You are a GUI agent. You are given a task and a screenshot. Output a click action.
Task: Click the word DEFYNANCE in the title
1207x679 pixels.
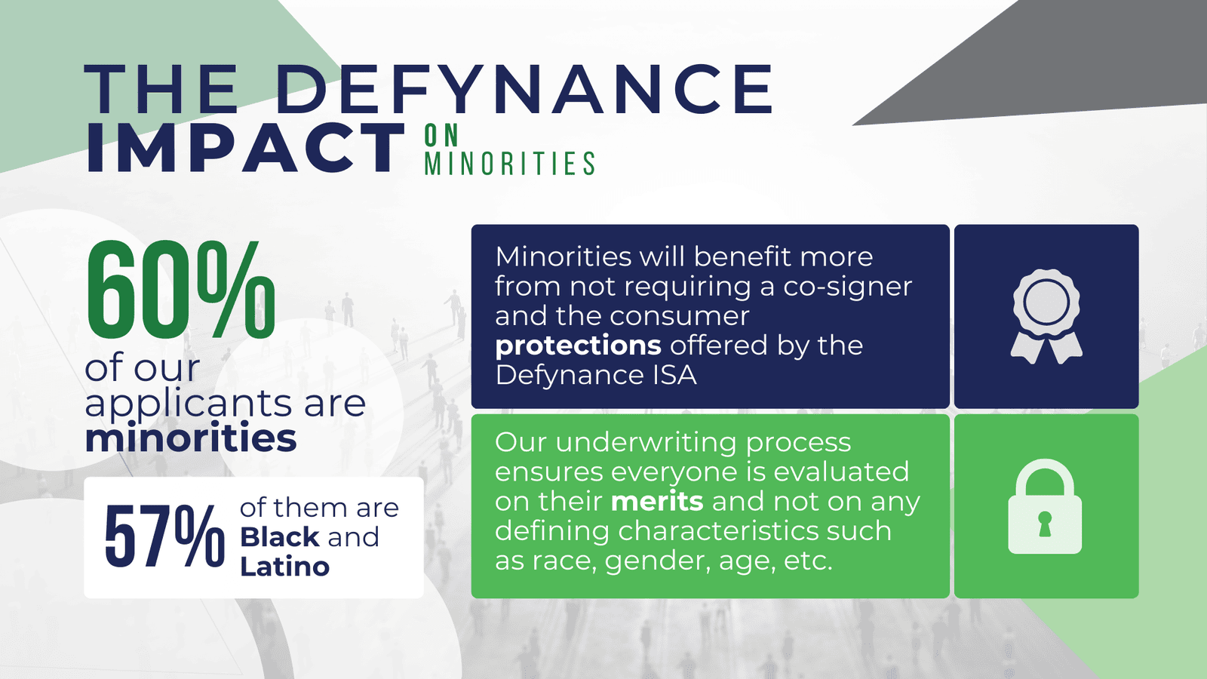[x=525, y=89]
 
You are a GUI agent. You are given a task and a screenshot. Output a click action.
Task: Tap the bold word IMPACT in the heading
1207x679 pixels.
[x=246, y=148]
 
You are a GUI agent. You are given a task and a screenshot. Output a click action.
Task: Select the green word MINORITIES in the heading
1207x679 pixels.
[x=510, y=163]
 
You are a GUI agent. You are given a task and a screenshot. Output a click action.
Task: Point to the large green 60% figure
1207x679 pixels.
[x=181, y=290]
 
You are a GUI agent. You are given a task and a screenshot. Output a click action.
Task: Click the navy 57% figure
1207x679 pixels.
[x=164, y=536]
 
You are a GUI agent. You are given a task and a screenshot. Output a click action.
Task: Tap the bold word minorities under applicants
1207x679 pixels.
[x=191, y=438]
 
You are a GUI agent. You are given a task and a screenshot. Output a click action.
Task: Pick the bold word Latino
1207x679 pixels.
[x=284, y=567]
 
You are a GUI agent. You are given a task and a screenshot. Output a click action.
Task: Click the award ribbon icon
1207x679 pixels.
[x=1046, y=316]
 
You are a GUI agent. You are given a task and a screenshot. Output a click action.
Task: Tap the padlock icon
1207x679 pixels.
[x=1045, y=506]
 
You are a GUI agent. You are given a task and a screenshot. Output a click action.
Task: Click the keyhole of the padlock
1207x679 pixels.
[x=1045, y=524]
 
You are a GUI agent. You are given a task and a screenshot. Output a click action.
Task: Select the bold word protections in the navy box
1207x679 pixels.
[x=578, y=346]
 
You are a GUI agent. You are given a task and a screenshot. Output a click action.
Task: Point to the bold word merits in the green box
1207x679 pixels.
[x=657, y=501]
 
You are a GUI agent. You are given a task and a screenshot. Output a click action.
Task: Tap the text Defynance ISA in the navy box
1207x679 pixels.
[x=595, y=375]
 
